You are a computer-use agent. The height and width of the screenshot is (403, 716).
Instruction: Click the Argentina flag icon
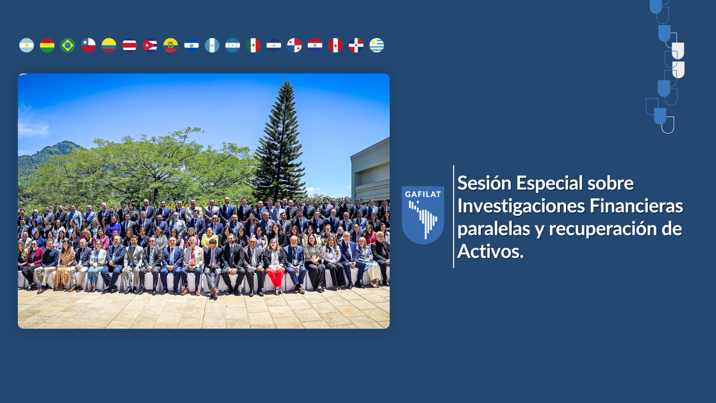pos(26,45)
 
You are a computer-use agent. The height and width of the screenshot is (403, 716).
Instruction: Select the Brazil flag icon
pos(67,45)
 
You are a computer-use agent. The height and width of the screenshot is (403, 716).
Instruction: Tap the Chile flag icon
pos(88,45)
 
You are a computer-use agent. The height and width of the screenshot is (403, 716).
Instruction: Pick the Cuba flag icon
pos(150,45)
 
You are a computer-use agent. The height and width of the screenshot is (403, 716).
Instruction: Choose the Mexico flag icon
pos(253,45)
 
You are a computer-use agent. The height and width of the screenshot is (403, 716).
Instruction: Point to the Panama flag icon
pos(294,45)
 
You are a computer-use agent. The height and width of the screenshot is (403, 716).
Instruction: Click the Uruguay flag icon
pos(377,45)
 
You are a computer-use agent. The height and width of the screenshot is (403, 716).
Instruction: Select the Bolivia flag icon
pos(47,45)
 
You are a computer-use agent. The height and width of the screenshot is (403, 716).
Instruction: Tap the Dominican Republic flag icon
pos(356,45)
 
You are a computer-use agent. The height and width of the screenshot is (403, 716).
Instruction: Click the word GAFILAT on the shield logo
pos(423,194)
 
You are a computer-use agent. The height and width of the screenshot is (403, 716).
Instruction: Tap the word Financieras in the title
pos(636,206)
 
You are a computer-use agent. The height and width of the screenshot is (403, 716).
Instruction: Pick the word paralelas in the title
pos(494,229)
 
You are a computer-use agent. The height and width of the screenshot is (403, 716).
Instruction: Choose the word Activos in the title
pos(490,252)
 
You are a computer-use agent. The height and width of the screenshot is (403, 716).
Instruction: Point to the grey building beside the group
pos(370,172)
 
